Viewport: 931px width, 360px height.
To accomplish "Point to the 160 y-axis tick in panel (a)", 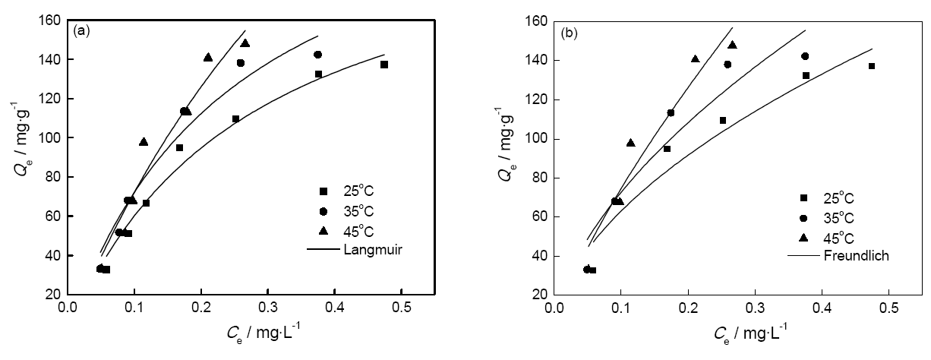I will tap(51, 21).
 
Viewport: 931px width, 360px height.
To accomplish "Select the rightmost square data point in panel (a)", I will tap(384, 65).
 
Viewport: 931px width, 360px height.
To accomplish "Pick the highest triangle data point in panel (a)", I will tap(245, 43).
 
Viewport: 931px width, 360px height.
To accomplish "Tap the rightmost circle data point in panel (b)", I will tap(805, 56).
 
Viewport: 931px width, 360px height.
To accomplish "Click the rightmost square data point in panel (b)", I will tap(872, 66).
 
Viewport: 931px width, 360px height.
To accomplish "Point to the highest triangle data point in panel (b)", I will tap(732, 45).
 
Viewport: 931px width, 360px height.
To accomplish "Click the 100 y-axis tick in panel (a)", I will tap(51, 137).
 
